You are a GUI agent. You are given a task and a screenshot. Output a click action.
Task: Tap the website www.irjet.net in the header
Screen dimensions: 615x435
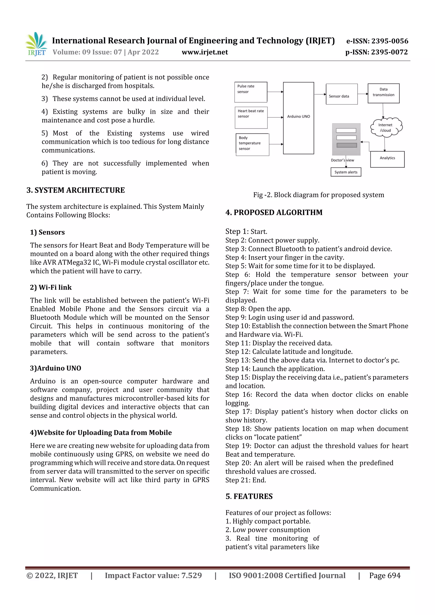[x=205, y=52]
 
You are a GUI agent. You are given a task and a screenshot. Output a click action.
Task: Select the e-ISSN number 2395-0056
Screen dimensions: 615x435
[x=377, y=41]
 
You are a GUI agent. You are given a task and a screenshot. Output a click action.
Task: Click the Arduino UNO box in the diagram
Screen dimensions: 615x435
[x=298, y=118]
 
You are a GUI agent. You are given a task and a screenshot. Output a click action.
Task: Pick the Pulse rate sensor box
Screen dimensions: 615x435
[x=251, y=92]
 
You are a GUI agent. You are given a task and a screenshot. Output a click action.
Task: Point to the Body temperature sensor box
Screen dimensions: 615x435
[x=252, y=145]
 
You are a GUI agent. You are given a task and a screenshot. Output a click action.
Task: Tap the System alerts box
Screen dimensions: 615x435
[x=346, y=172]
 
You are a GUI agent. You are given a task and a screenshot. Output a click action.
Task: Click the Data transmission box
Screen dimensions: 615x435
[x=383, y=93]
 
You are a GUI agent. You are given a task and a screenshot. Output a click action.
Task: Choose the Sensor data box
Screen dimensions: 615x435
[x=342, y=94]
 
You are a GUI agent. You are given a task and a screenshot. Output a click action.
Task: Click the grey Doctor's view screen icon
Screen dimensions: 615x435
[x=346, y=139]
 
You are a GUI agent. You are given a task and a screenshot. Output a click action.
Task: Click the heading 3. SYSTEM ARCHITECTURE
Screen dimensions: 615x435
[x=76, y=190]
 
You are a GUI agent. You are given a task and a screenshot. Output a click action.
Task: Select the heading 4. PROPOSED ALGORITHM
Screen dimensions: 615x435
[x=274, y=213]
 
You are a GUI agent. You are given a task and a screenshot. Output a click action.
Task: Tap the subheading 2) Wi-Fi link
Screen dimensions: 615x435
[x=51, y=287]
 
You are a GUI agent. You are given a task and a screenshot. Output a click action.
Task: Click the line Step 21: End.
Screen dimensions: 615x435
[x=246, y=480]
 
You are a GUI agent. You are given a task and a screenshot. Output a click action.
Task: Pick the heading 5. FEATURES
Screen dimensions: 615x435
[x=249, y=496]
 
